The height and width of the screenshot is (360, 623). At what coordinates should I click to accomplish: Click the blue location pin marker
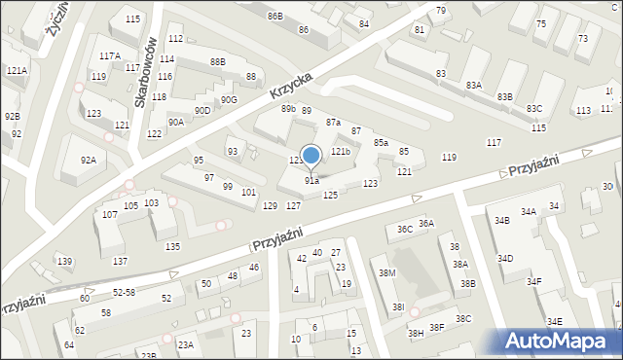(311, 156)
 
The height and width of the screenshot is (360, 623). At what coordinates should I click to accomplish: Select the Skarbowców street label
(146, 75)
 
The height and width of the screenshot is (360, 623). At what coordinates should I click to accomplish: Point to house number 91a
(311, 181)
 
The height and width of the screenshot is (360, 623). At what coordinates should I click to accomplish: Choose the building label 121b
(340, 152)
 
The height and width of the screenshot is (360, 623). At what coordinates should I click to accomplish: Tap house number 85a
(381, 143)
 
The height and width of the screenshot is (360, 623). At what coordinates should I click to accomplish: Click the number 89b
(288, 109)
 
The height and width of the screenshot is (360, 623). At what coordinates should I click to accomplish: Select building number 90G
(229, 99)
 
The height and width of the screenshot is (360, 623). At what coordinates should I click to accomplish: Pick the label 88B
(217, 62)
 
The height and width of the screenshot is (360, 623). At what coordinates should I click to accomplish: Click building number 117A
(109, 56)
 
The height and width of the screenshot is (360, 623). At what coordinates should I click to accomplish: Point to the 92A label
(89, 161)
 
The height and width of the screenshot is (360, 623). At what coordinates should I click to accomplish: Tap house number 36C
(404, 229)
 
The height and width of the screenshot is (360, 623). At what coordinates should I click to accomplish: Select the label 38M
(387, 273)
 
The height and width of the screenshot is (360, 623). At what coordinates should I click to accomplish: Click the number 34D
(505, 259)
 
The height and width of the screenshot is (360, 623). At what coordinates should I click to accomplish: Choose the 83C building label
(534, 109)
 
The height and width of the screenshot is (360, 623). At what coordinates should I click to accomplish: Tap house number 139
(64, 262)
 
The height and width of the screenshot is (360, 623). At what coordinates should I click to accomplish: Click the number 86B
(275, 17)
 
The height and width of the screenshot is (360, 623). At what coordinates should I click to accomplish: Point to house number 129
(270, 205)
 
